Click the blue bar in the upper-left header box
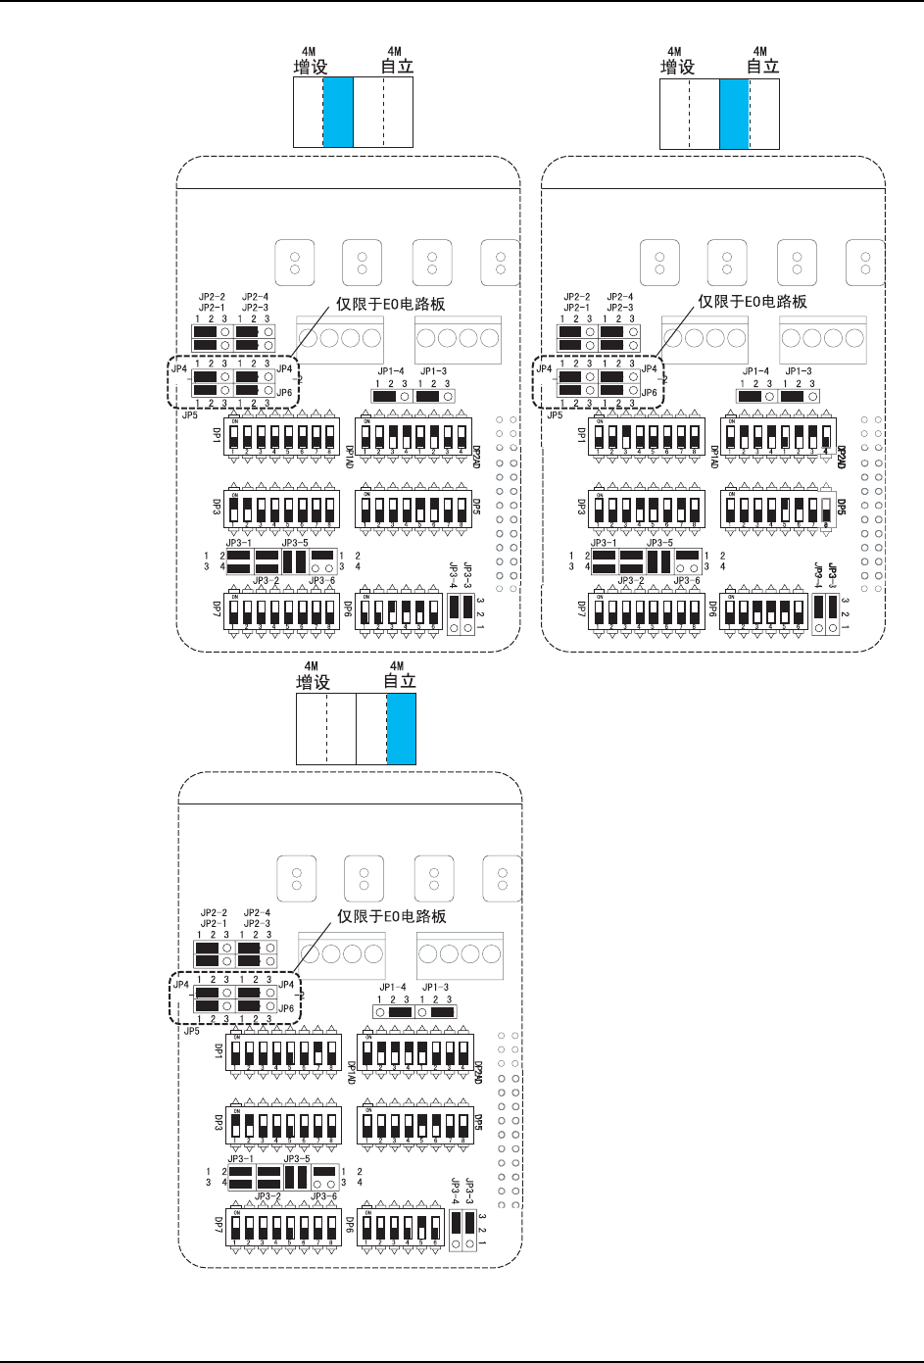point(337,113)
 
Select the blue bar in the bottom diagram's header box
point(401,728)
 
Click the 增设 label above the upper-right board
point(677,67)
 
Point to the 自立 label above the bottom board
point(399,681)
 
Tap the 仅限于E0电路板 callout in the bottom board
point(392,916)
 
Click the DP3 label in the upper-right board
point(581,509)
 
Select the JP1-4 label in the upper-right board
point(755,371)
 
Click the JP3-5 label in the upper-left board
point(294,542)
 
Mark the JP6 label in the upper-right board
point(649,392)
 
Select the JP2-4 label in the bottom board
point(257,912)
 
